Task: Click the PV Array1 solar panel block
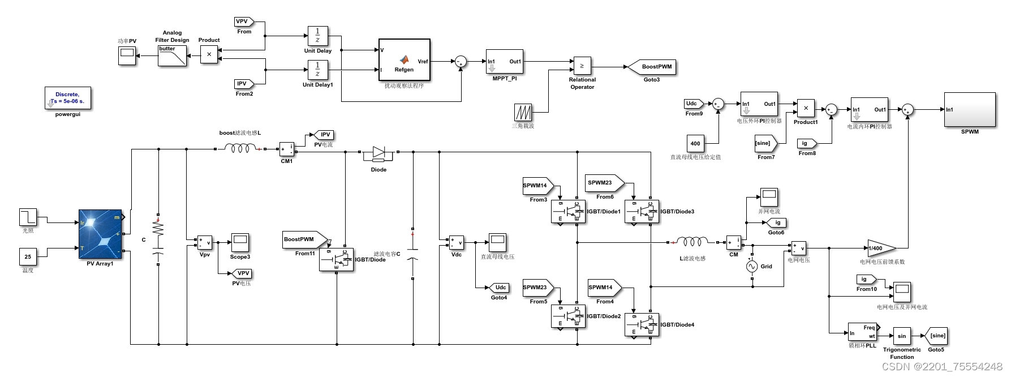point(100,234)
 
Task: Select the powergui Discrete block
point(68,98)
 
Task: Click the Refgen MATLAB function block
point(404,61)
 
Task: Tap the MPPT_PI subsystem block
point(504,62)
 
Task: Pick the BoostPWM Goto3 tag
point(653,67)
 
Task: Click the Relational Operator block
point(582,66)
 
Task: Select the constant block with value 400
point(695,143)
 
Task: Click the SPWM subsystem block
point(969,110)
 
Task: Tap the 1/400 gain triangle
point(880,248)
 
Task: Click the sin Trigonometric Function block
point(901,336)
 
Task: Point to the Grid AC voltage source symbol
point(751,266)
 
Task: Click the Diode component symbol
point(378,152)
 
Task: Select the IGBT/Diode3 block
point(642,212)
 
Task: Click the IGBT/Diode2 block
point(568,316)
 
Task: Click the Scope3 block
point(240,243)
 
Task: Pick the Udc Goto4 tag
point(500,288)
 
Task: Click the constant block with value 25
point(28,256)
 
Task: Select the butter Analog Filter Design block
point(172,56)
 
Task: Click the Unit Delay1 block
point(317,70)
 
